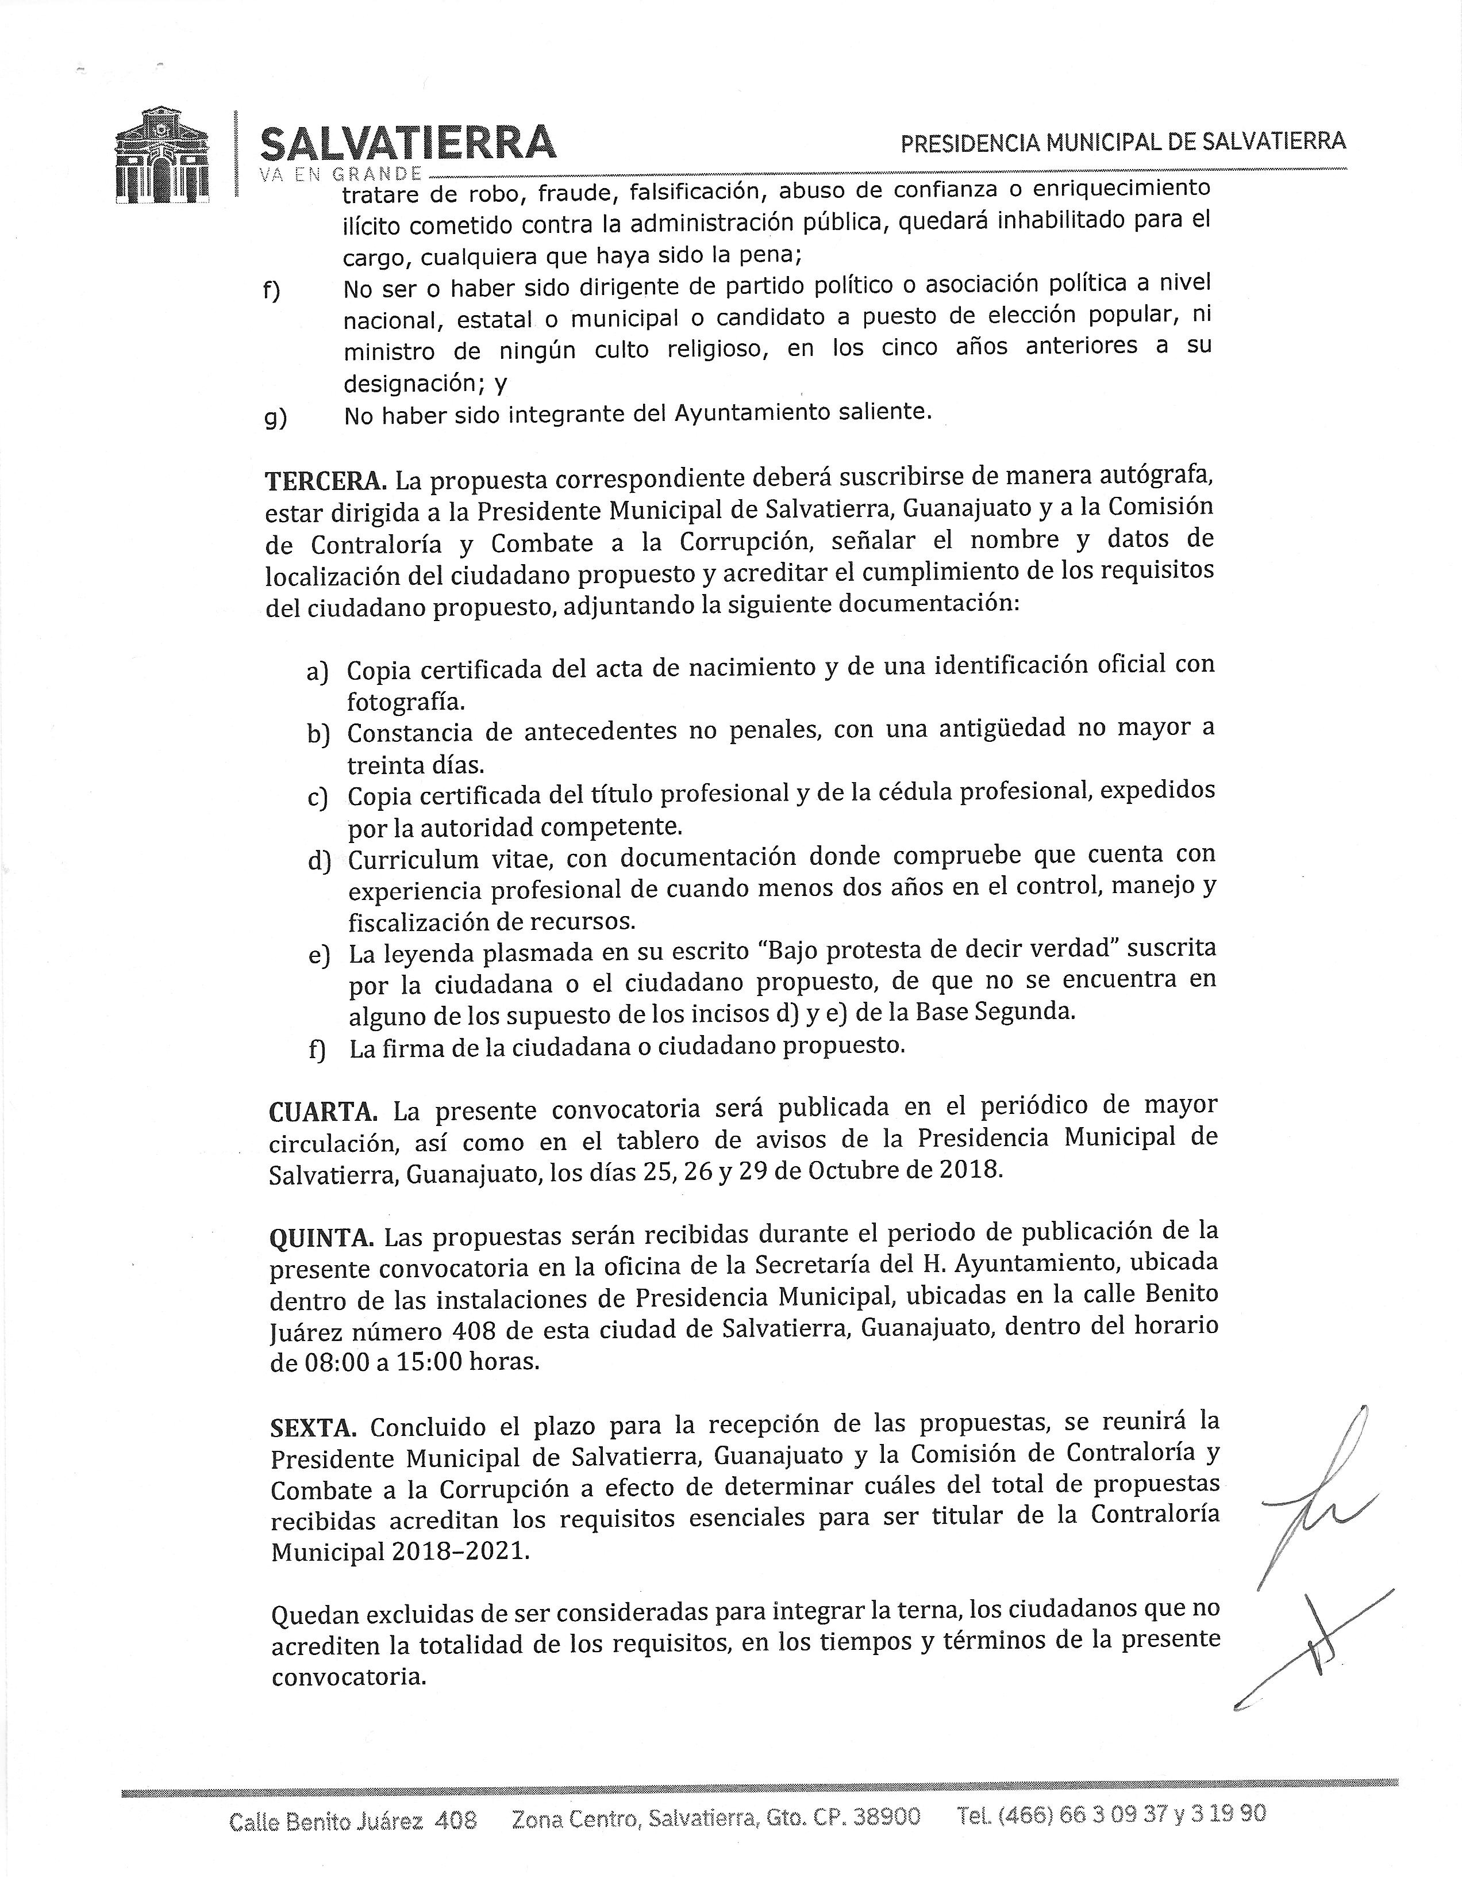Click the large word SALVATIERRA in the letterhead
407,143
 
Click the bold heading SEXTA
313,1427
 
